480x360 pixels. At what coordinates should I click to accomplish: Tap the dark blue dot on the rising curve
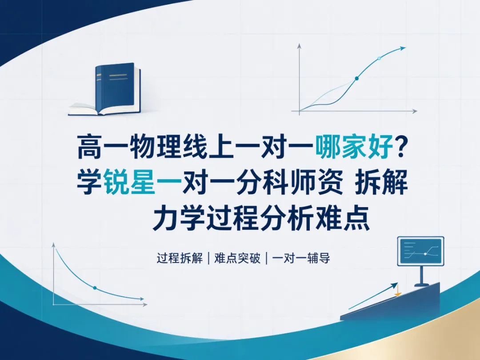click(x=356, y=78)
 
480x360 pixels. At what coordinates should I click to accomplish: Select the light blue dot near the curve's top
click(x=379, y=58)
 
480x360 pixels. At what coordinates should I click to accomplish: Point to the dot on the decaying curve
click(x=95, y=288)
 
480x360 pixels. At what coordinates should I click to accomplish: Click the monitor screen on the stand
click(x=420, y=251)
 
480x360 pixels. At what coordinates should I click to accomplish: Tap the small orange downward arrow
click(x=398, y=290)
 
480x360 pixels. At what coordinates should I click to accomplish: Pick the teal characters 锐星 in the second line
click(x=129, y=182)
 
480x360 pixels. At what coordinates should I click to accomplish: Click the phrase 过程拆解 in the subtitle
click(x=180, y=258)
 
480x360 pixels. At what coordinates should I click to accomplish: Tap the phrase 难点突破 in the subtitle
click(x=237, y=258)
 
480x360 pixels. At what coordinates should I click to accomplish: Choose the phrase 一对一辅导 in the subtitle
click(x=301, y=258)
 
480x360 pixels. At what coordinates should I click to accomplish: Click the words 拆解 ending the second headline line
click(x=381, y=182)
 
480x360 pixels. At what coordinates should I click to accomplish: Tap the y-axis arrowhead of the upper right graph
click(x=300, y=46)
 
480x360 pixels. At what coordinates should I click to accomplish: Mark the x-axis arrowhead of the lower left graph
click(x=145, y=304)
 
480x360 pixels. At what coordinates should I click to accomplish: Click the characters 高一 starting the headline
click(x=103, y=147)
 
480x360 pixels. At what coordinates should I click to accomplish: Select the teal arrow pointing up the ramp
click(x=373, y=296)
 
